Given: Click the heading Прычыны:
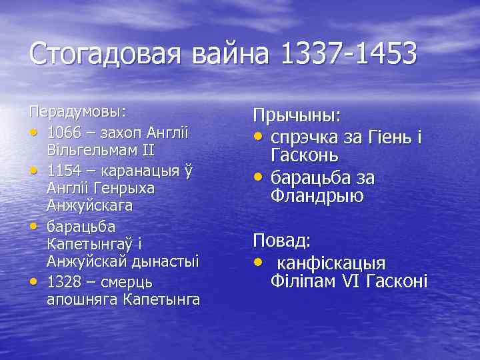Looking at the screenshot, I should (296, 115).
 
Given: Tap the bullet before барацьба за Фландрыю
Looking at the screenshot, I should (257, 178).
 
